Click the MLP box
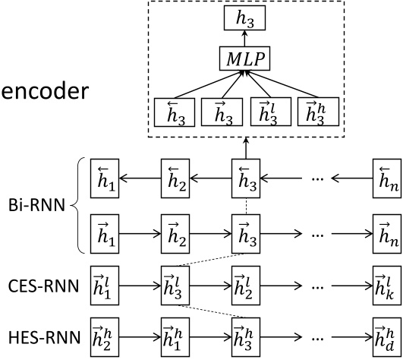tap(245, 57)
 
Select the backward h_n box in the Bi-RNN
tap(386, 179)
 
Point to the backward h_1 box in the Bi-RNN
tap(104, 179)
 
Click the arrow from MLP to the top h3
tap(245, 36)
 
